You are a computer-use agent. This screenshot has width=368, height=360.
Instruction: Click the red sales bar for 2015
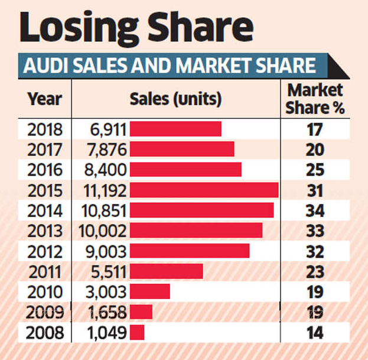[x=204, y=190]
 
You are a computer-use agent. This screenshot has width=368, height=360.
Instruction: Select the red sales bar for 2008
[x=137, y=332]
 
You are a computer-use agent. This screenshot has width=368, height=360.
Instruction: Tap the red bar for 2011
[x=166, y=271]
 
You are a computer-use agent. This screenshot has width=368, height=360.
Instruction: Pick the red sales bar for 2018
[x=175, y=129]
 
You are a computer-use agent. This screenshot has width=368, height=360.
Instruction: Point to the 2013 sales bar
[x=196, y=231]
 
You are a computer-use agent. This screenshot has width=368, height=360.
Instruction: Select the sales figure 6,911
[x=106, y=129]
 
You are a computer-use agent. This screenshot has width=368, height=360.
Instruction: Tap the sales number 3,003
[x=106, y=291]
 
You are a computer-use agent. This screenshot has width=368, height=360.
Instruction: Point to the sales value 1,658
[x=106, y=312]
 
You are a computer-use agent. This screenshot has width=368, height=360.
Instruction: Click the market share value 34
[x=315, y=210]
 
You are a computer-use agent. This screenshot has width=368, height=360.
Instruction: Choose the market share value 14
[x=315, y=332]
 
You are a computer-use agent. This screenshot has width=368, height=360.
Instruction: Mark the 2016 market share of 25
[x=315, y=170]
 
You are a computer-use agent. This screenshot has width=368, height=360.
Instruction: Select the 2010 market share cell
[x=315, y=291]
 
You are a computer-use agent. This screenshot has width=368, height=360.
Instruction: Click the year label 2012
[x=45, y=251]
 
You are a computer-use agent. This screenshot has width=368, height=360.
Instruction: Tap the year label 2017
[x=45, y=150]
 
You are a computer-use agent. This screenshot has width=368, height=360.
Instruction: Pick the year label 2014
[x=45, y=210]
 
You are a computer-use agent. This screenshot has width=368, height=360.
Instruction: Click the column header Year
[x=45, y=99]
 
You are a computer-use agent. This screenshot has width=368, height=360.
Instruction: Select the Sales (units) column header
[x=175, y=99]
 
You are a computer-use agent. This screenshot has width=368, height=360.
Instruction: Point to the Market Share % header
[x=315, y=99]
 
